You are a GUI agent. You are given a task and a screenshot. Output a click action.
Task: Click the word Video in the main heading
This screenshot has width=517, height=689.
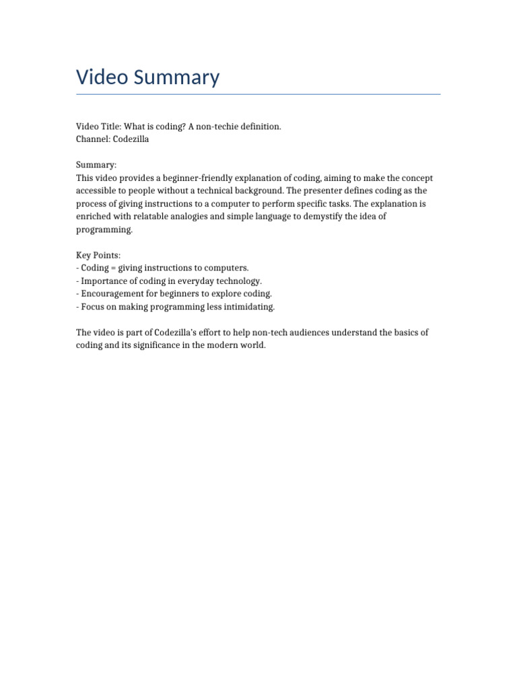(x=102, y=77)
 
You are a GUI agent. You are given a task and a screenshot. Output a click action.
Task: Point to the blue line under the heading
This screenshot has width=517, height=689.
(x=258, y=94)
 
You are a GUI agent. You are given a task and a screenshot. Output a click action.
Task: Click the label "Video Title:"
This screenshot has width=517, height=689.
(x=98, y=126)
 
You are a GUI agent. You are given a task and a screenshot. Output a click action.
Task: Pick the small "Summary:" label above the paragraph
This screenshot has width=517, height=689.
(x=96, y=165)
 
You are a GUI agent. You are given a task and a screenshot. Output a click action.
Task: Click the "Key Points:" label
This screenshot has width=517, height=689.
(x=98, y=255)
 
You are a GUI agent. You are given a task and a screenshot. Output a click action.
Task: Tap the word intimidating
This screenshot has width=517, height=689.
(x=250, y=306)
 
